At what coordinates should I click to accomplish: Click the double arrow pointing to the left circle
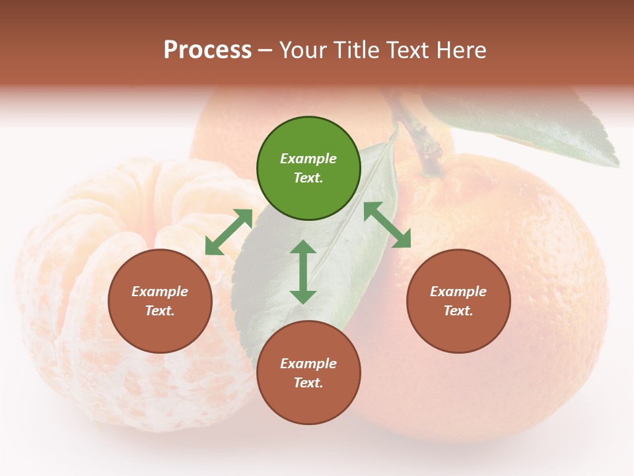[x=229, y=232]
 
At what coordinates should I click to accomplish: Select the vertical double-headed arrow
[x=303, y=272]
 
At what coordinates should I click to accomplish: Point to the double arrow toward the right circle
[x=388, y=225]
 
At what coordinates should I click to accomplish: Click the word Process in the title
[x=207, y=50]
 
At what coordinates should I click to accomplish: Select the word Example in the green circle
[x=308, y=159]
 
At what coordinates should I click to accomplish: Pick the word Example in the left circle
[x=160, y=292]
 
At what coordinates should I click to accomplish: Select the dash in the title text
[x=265, y=51]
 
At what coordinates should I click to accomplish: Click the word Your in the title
[x=300, y=50]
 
